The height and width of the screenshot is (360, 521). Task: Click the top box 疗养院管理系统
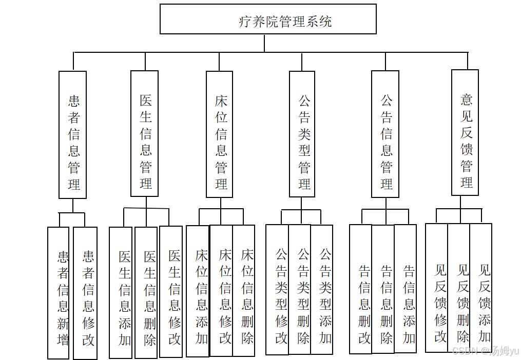pyautogui.click(x=268, y=19)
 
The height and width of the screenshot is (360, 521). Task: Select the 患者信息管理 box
pyautogui.click(x=73, y=134)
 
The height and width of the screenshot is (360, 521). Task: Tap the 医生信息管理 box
pyautogui.click(x=145, y=133)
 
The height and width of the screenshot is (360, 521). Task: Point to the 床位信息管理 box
pyautogui.click(x=220, y=134)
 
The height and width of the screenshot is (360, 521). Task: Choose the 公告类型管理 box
pyautogui.click(x=302, y=134)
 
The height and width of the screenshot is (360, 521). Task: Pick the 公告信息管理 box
pyautogui.click(x=385, y=134)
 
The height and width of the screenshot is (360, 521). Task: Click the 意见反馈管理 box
pyautogui.click(x=465, y=132)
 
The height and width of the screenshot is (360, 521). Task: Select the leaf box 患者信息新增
pyautogui.click(x=59, y=293)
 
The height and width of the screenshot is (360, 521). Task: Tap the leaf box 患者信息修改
pyautogui.click(x=85, y=293)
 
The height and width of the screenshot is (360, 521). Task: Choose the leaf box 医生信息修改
pyautogui.click(x=171, y=292)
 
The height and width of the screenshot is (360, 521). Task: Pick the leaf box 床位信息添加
pyautogui.click(x=198, y=291)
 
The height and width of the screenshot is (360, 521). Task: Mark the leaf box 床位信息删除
pyautogui.click(x=244, y=290)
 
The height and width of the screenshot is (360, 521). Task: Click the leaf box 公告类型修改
pyautogui.click(x=278, y=290)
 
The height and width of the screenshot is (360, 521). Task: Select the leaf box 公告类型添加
pyautogui.click(x=322, y=290)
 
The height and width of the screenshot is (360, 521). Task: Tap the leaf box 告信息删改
pyautogui.click(x=361, y=289)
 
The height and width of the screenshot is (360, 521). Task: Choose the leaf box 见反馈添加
pyautogui.click(x=481, y=288)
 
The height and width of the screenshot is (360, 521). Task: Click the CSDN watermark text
pyautogui.click(x=485, y=351)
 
